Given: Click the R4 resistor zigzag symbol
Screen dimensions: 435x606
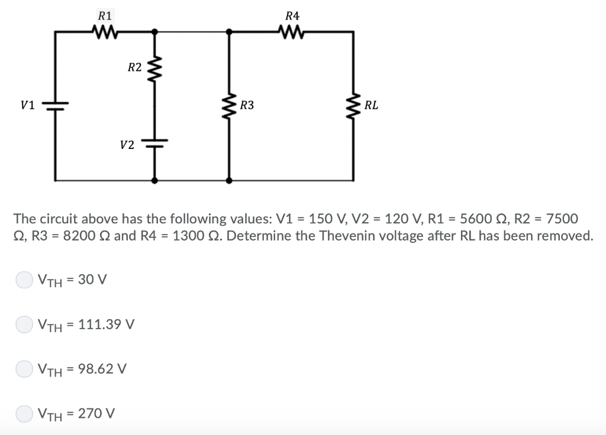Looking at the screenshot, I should pos(292,31).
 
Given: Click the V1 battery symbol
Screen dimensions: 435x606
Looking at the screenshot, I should pos(56,105).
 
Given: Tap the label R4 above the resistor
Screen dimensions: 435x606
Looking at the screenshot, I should pos(292,15).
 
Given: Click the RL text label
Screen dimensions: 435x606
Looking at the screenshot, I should pos(372,106).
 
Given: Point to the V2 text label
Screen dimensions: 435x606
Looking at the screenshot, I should pos(127,144).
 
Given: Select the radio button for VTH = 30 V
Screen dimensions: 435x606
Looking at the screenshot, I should pos(24,280).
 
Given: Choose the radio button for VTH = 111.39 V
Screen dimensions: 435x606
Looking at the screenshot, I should pos(24,324).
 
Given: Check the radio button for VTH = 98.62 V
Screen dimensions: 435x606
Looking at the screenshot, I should pos(24,369).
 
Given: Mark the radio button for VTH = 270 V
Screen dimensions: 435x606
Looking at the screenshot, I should pos(24,413).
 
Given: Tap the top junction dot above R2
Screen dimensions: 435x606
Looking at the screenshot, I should pos(155,31).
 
